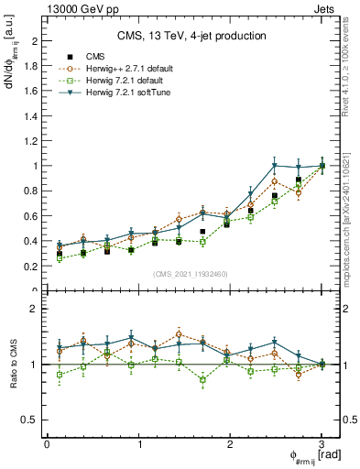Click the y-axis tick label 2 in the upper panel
(34, 41)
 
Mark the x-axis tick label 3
(322, 442)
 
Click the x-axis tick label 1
(138, 442)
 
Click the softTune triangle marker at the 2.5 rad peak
(274, 166)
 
